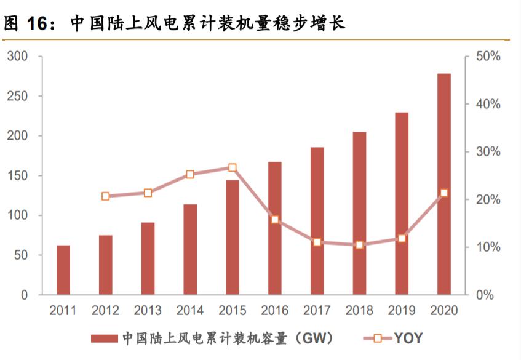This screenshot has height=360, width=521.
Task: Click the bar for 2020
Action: coord(443,184)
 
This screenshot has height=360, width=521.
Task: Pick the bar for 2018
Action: coord(359,213)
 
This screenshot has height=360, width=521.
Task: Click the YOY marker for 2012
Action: coord(105,196)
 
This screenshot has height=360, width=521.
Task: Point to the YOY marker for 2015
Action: coord(233,167)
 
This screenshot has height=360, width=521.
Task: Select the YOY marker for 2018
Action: coord(359,245)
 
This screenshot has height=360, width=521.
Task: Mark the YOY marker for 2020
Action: coord(443,193)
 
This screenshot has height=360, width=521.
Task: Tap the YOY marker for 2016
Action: coord(275,220)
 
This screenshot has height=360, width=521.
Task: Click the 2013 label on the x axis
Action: coord(148,311)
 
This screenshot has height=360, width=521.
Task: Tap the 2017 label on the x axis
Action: coord(317,311)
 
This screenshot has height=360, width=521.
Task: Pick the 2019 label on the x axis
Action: coord(401,311)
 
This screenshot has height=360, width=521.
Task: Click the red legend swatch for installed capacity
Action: coord(105,338)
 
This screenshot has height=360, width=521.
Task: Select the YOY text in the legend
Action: coord(408,338)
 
